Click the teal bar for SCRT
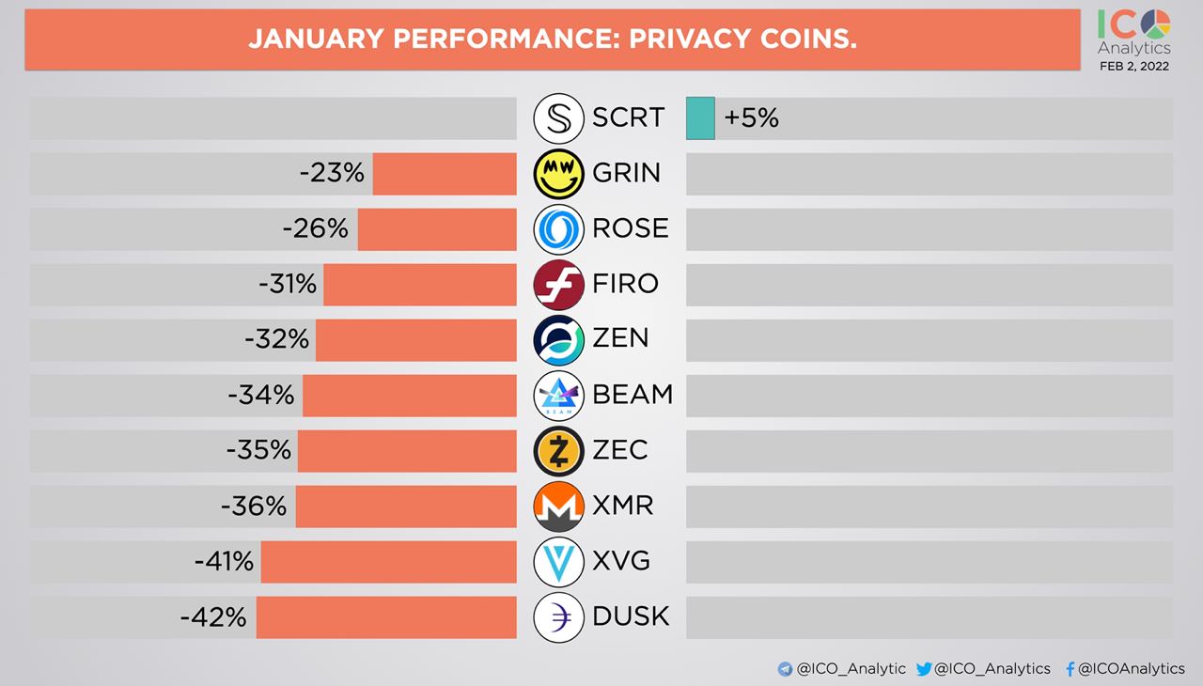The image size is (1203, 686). click(700, 118)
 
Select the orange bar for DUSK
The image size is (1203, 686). click(386, 617)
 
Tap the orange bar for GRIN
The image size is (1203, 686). click(445, 174)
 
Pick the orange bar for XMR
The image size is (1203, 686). click(406, 507)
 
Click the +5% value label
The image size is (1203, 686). click(751, 118)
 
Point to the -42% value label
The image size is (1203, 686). click(213, 617)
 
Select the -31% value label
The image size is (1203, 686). click(288, 285)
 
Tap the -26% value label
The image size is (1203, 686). click(316, 229)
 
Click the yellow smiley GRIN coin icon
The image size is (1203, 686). click(559, 173)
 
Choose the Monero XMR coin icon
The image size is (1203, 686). click(559, 507)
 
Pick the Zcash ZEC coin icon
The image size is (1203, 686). click(559, 451)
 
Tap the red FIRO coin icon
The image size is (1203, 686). click(559, 285)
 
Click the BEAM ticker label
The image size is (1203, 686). click(633, 395)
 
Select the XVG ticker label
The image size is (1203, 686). click(621, 562)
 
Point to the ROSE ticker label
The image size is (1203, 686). click(631, 228)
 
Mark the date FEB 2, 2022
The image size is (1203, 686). click(1134, 67)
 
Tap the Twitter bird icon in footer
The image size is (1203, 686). click(923, 669)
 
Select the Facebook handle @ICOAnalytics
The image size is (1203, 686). click(1132, 669)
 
